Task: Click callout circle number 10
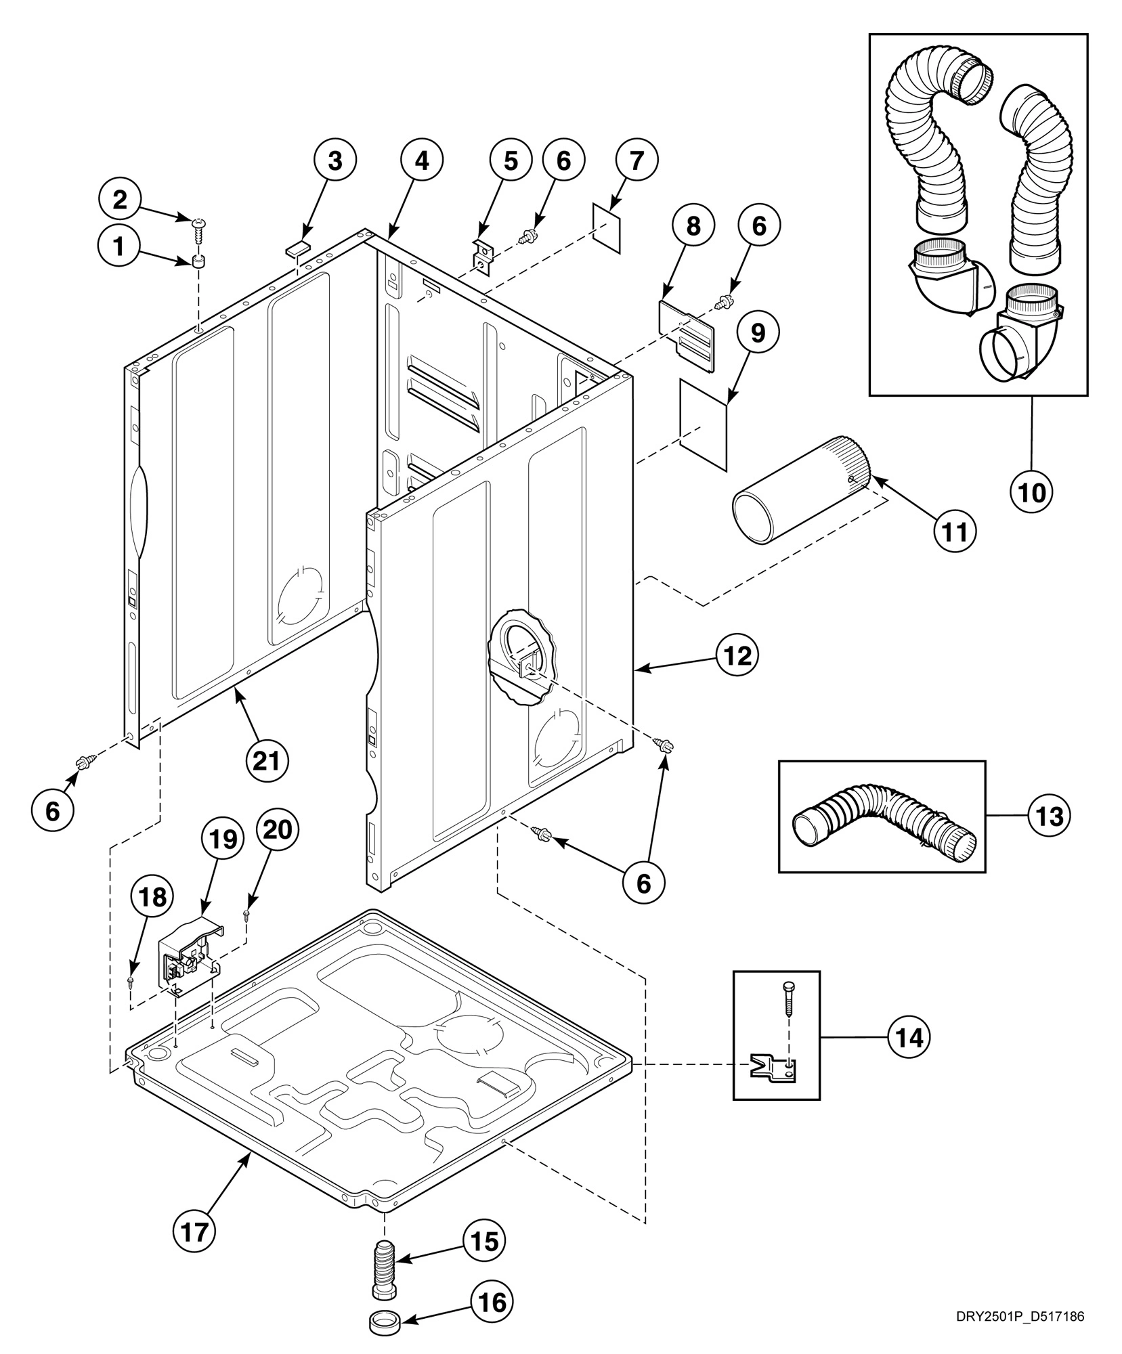pyautogui.click(x=1032, y=493)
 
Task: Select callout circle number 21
pyautogui.click(x=266, y=761)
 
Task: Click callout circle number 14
pyautogui.click(x=909, y=1037)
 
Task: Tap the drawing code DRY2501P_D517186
pyautogui.click(x=1020, y=1317)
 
